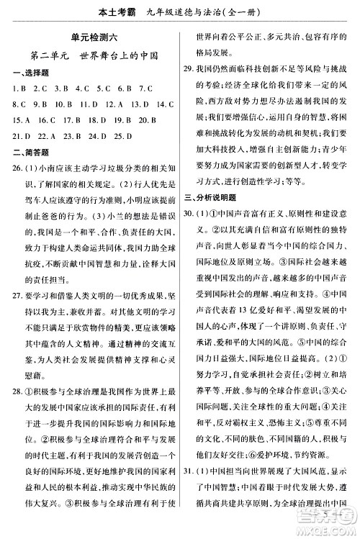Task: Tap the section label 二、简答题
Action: click(25, 150)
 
